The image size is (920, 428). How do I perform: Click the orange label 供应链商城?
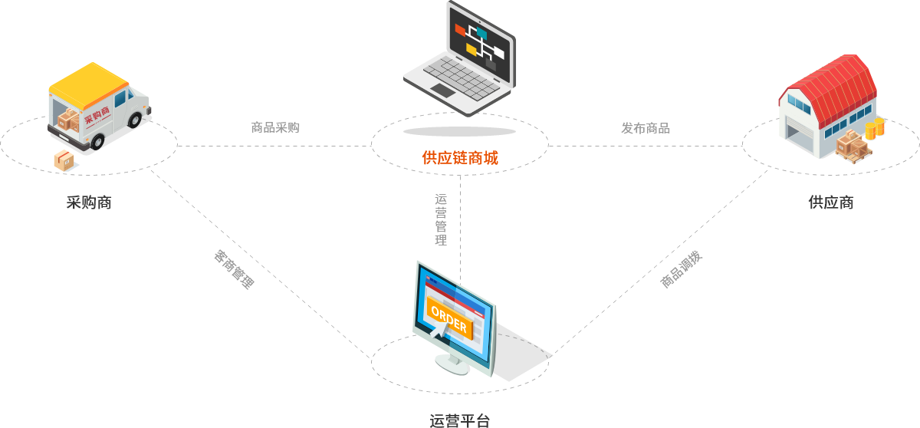(x=459, y=158)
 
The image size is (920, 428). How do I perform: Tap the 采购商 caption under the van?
(x=89, y=202)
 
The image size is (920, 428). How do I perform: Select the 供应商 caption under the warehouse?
(x=830, y=202)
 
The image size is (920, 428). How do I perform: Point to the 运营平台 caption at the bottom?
(x=459, y=420)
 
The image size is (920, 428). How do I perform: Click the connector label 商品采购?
(x=275, y=128)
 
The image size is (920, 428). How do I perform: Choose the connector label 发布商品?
(x=646, y=128)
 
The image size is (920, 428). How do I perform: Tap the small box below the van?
(x=63, y=161)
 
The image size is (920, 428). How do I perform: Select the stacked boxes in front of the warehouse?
(x=853, y=146)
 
